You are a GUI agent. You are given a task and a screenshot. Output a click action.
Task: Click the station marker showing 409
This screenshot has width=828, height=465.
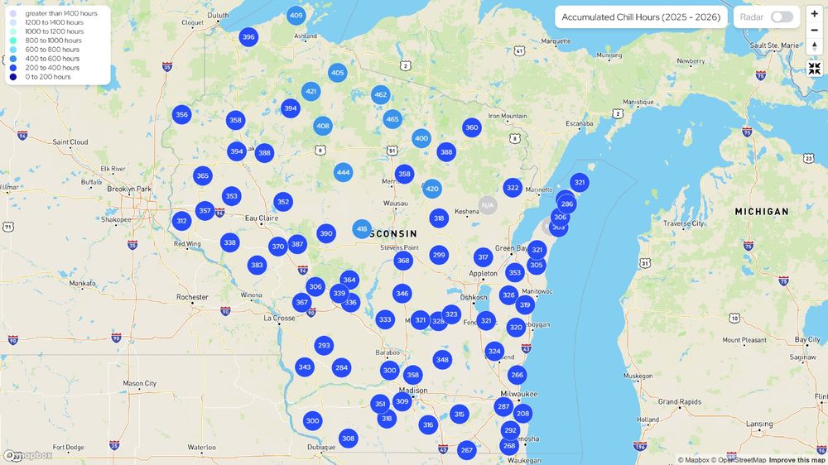point(296,16)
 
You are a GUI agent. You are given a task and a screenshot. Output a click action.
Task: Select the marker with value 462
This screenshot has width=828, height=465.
point(380,95)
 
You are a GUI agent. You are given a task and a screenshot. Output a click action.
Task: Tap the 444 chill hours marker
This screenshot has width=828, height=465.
point(343,173)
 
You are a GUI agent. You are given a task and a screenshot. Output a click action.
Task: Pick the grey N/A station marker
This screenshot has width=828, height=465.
point(488,205)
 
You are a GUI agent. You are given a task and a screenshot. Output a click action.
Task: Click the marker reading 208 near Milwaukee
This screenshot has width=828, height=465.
point(522,414)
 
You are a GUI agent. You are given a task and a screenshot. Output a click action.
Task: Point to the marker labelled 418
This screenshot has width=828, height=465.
point(362,229)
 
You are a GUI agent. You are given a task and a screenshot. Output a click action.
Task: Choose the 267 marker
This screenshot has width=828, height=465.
point(467,450)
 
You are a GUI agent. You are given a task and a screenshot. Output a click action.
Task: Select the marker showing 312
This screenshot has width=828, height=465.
point(181,221)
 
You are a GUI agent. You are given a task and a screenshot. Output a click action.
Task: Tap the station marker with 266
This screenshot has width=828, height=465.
point(517,375)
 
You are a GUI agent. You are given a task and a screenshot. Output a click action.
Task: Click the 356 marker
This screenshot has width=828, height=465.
point(181,115)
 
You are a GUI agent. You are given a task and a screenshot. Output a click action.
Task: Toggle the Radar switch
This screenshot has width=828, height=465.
point(782,17)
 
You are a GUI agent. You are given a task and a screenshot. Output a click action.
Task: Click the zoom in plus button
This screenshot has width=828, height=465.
point(815,14)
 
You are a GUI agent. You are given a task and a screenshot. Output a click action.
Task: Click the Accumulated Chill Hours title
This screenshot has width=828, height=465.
point(641,17)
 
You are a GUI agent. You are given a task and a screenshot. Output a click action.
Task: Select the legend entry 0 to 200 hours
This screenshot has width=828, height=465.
point(48,77)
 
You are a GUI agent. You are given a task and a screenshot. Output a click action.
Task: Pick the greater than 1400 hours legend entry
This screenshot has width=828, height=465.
point(61,14)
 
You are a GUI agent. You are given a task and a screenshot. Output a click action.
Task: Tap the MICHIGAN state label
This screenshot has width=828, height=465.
point(762,212)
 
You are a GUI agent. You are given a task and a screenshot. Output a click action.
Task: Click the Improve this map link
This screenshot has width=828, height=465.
point(797,460)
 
